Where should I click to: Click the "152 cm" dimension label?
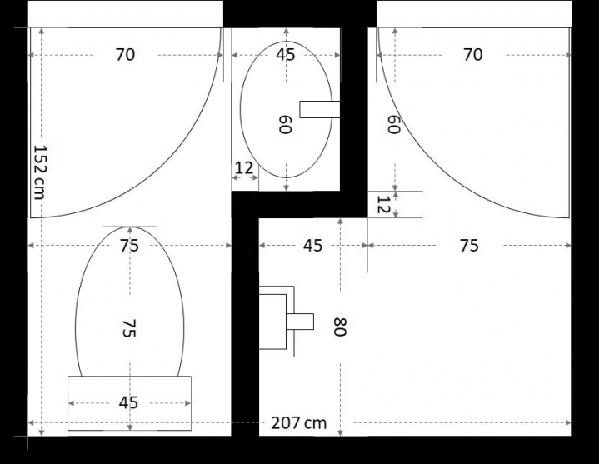pos(39,172)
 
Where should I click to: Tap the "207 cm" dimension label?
pos(299,423)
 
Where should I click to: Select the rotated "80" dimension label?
pos(339,327)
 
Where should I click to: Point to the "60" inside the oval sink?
pos(285,124)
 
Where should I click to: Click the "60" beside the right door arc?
pos(393,124)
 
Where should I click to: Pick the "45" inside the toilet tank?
pos(128,402)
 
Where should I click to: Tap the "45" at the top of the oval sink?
pos(286,55)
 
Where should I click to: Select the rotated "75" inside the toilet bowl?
pos(129,328)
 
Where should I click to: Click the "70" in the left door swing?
pos(125,55)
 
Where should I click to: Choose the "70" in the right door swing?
pos(473,55)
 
